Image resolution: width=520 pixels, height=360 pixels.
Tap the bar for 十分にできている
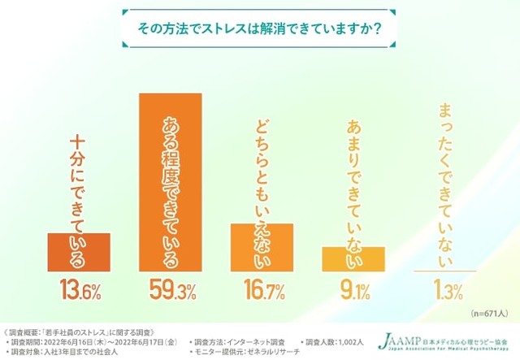click(79, 251)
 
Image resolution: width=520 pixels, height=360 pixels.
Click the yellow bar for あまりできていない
click(353, 258)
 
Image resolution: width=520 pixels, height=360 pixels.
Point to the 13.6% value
click(79, 288)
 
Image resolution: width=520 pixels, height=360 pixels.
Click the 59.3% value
click(171, 288)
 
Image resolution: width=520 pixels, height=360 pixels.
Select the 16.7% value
click(262, 288)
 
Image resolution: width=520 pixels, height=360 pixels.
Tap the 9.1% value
click(353, 288)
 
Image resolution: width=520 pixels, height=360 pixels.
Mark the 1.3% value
click(444, 288)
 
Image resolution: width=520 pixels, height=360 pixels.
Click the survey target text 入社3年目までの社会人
click(78, 352)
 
